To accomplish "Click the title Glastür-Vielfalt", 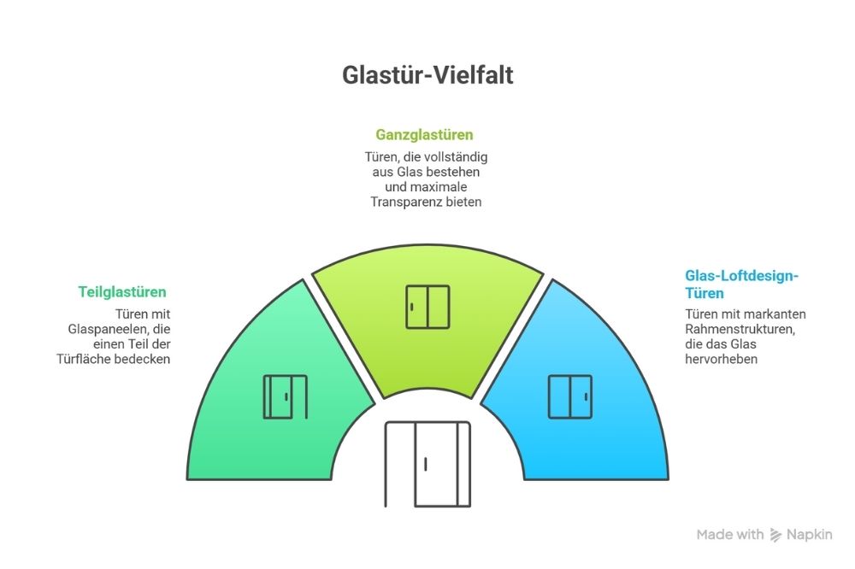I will pyautogui.click(x=427, y=75).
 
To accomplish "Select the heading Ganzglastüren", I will pyautogui.click(x=424, y=135).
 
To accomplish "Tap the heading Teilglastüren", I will pyautogui.click(x=122, y=292).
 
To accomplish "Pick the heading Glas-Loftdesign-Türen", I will pyautogui.click(x=741, y=284).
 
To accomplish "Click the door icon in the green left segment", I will pyautogui.click(x=285, y=397).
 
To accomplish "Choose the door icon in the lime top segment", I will pyautogui.click(x=427, y=307).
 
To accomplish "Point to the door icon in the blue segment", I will pyautogui.click(x=570, y=397).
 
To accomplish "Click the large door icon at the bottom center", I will pyautogui.click(x=427, y=464).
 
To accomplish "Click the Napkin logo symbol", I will pyautogui.click(x=776, y=535).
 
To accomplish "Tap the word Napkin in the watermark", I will pyautogui.click(x=811, y=535).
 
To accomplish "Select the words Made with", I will pyautogui.click(x=730, y=535).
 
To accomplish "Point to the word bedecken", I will pyautogui.click(x=146, y=360).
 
